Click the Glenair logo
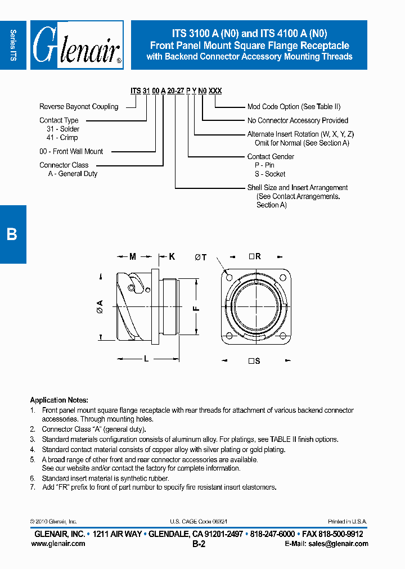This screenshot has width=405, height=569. pyautogui.click(x=76, y=45)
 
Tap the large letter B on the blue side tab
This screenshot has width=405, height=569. pyautogui.click(x=12, y=234)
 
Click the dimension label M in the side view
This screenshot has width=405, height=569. pyautogui.click(x=133, y=257)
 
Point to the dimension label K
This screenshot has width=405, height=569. pyautogui.click(x=172, y=257)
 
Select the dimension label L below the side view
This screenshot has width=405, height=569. pyautogui.click(x=146, y=358)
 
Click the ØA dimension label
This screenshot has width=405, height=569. pyautogui.click(x=100, y=306)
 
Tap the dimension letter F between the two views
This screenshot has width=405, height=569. pyautogui.click(x=196, y=308)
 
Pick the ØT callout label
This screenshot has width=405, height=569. pyautogui.click(x=201, y=258)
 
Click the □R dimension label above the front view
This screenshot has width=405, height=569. pyautogui.click(x=255, y=256)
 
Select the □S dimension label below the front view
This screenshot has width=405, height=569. pyautogui.click(x=254, y=361)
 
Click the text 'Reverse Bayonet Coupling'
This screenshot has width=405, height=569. pyautogui.click(x=79, y=106)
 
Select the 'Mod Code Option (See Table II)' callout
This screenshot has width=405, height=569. pyautogui.click(x=294, y=106)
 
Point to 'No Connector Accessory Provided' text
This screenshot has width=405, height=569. pyautogui.click(x=298, y=120)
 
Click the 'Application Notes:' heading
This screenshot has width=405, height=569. pyautogui.click(x=56, y=400)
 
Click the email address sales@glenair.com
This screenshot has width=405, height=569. pyautogui.click(x=326, y=544)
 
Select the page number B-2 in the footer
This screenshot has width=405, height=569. pyautogui.click(x=199, y=544)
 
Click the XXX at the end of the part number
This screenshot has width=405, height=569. pyautogui.click(x=215, y=91)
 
